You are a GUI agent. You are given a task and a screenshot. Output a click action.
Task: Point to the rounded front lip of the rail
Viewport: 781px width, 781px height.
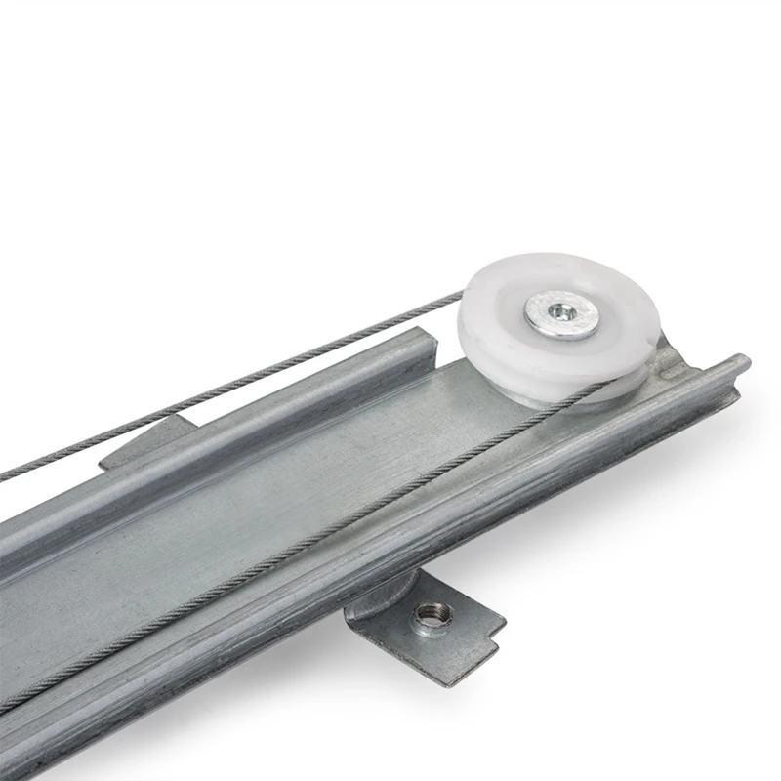[390, 576]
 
